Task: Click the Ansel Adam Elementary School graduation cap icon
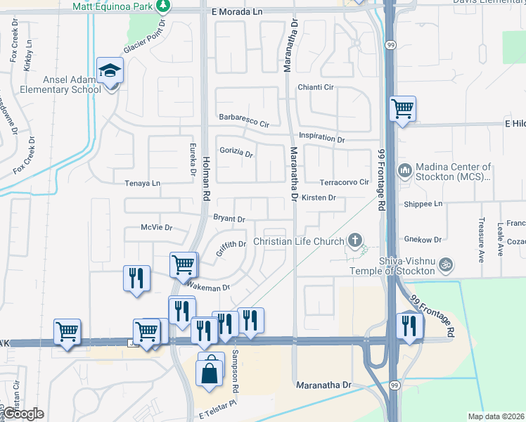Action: pyautogui.click(x=110, y=70)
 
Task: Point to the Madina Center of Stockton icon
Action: pyautogui.click(x=404, y=171)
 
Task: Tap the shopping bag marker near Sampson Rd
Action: pyautogui.click(x=210, y=371)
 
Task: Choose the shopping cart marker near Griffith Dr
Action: pyautogui.click(x=183, y=266)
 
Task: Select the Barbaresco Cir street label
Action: pyautogui.click(x=244, y=120)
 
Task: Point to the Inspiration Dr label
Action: pyautogui.click(x=321, y=138)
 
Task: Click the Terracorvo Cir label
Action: pyautogui.click(x=345, y=182)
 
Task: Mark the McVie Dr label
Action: pyautogui.click(x=156, y=228)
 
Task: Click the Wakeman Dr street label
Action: pyautogui.click(x=208, y=286)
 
